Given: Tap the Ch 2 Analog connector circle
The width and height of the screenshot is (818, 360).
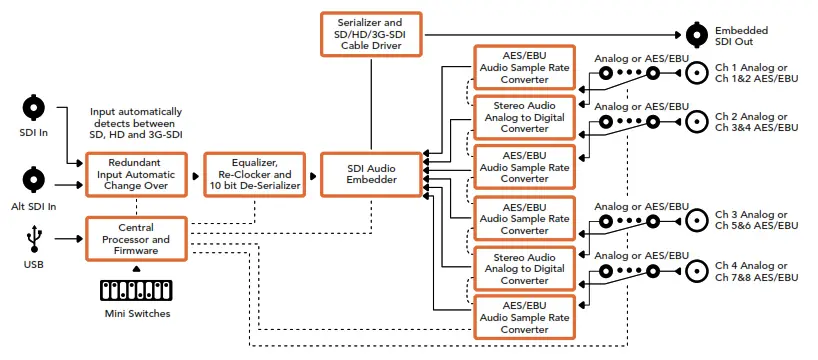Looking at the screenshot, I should click(696, 122).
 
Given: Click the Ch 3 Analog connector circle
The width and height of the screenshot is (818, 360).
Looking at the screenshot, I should click(696, 220).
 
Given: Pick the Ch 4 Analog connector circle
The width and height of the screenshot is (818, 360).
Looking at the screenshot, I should click(696, 271).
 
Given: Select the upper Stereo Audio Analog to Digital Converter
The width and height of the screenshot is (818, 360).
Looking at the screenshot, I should click(524, 117).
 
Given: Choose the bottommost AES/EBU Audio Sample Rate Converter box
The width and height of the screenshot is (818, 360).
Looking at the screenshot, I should click(524, 317).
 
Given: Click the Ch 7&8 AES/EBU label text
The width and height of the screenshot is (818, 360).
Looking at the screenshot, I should click(756, 277).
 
